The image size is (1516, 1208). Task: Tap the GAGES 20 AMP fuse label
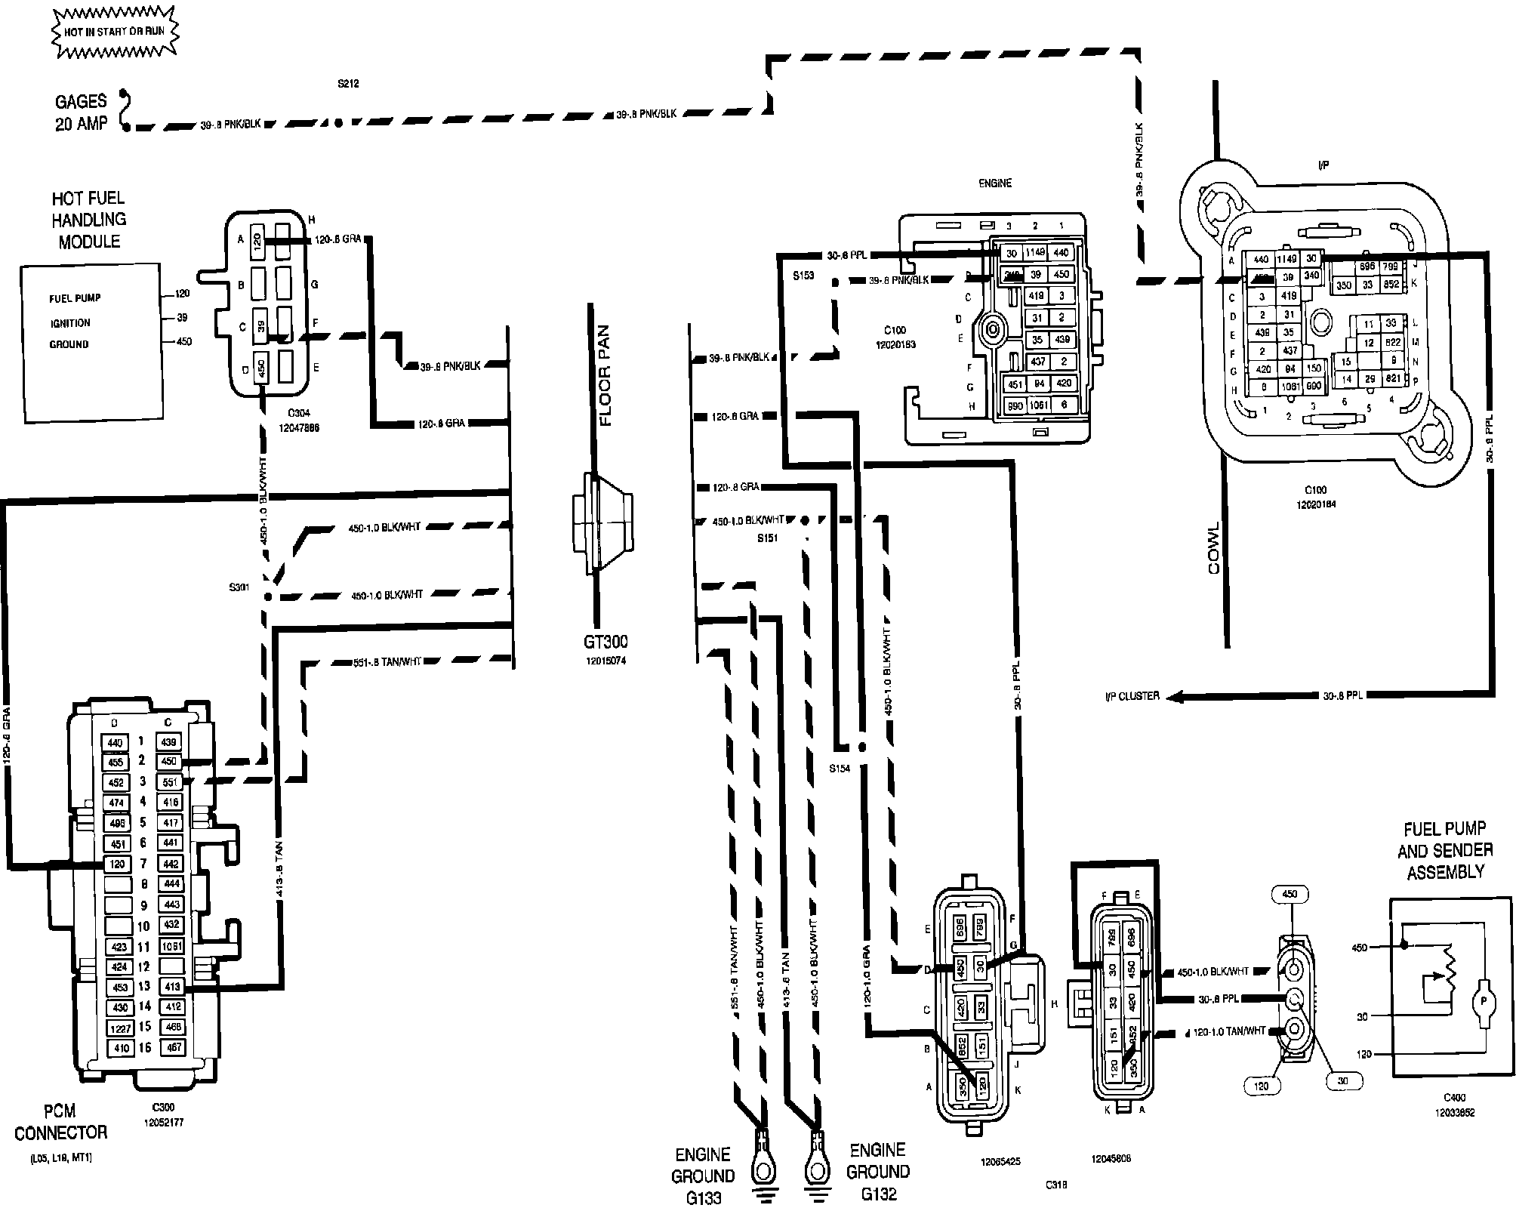82,112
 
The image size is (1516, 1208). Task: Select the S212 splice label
348,84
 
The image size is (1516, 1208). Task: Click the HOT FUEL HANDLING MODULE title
88,220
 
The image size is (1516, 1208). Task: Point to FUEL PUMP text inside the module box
75,298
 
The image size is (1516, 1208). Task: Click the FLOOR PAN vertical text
605,375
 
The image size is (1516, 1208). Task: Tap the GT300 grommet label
605,642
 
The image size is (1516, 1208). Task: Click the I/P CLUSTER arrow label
1132,696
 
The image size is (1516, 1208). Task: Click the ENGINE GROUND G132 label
877,1171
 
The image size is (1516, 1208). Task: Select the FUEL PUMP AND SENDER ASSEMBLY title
1445,850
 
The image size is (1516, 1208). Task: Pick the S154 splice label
840,769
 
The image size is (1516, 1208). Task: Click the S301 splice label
239,587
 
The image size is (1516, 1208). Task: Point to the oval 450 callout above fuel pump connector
1290,894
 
